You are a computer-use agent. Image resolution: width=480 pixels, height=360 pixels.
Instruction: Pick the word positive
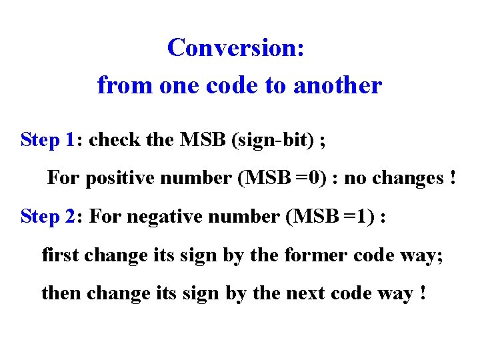click(119, 179)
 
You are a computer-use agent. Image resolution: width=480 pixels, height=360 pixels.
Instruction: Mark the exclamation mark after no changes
click(453, 179)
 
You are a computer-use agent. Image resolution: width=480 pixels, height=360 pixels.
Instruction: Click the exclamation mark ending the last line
click(423, 293)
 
